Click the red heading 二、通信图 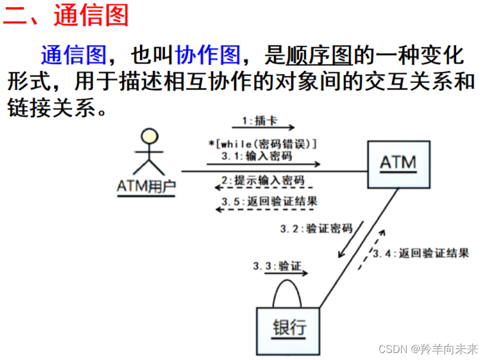(66, 16)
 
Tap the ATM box (399, 164)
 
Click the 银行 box (289, 329)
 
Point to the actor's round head (150, 137)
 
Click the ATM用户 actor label (146, 186)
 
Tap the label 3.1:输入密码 (257, 156)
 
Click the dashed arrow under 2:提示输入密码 (264, 188)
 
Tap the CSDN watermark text (428, 349)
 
